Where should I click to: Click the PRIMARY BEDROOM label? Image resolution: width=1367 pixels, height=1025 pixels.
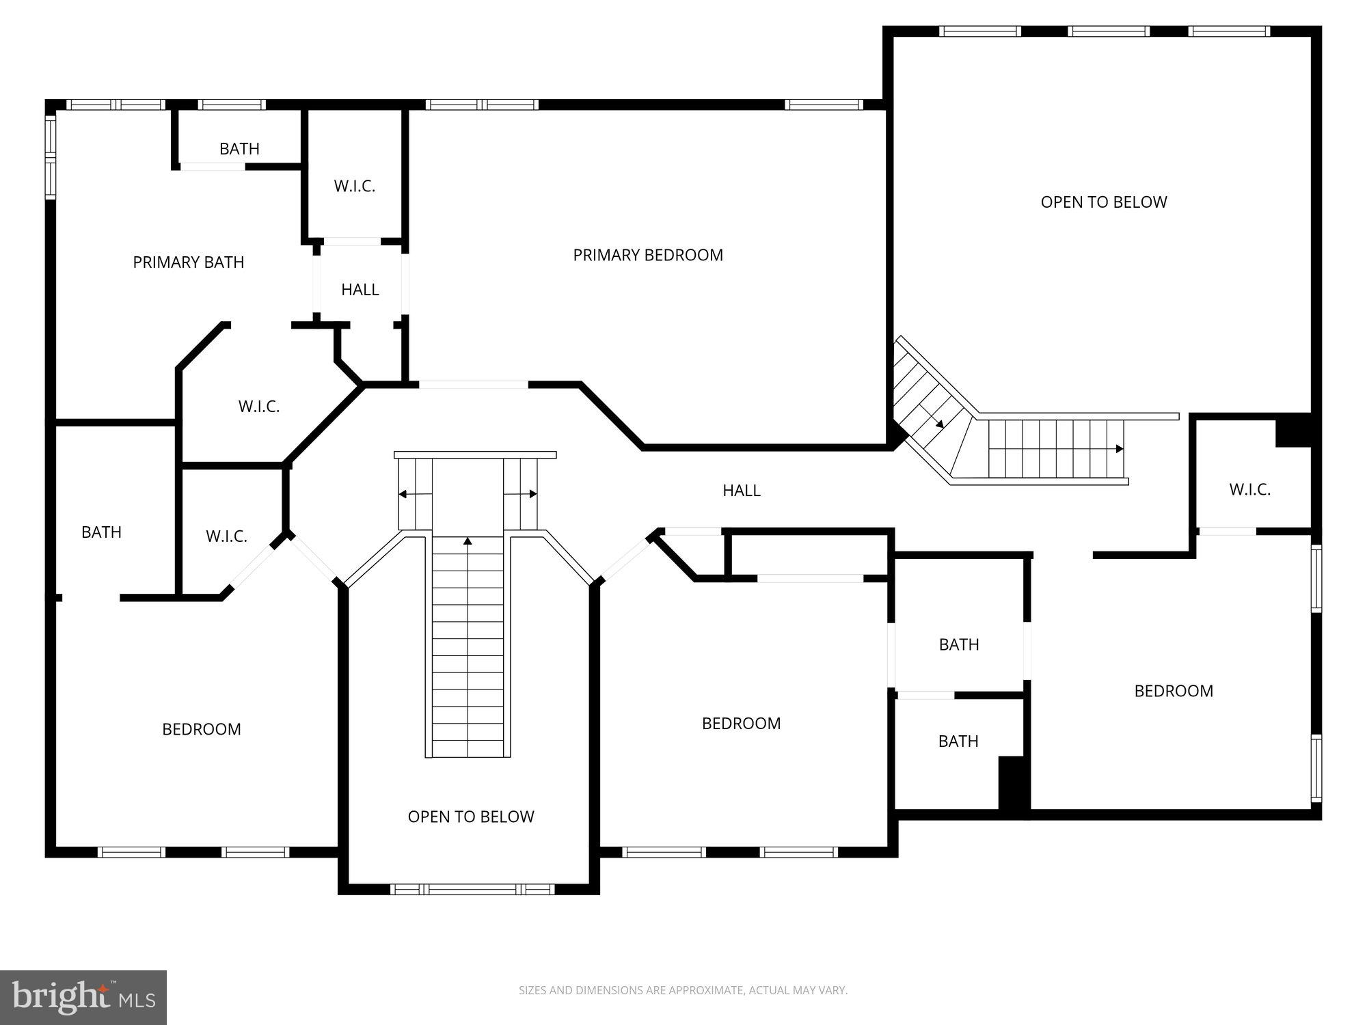[x=647, y=255]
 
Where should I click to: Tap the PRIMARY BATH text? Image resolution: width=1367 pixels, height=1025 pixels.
[x=188, y=262]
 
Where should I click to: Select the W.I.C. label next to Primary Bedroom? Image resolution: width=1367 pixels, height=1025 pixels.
[x=354, y=187]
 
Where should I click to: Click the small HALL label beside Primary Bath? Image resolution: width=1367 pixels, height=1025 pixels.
[x=360, y=290]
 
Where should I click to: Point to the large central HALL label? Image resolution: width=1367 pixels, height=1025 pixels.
[x=741, y=491]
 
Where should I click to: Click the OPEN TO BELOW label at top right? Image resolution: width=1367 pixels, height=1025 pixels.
[x=1103, y=202]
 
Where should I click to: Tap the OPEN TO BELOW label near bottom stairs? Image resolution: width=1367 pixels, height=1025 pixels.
[x=470, y=817]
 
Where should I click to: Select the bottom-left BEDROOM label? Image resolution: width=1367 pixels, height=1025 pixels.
[x=201, y=729]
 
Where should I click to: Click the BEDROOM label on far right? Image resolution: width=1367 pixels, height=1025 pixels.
[x=1173, y=691]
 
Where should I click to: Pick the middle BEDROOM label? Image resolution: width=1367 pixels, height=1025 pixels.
[x=740, y=724]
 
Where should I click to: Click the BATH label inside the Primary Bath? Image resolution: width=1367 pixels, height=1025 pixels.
[x=239, y=149]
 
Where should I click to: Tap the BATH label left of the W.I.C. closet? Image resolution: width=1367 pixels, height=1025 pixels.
[x=101, y=532]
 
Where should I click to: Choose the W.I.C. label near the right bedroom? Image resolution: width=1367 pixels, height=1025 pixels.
[x=1249, y=490]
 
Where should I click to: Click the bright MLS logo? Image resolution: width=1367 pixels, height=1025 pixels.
[x=83, y=998]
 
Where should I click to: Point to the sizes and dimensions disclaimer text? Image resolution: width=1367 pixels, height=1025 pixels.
[x=682, y=990]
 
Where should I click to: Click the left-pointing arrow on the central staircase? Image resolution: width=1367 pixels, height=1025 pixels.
[x=403, y=494]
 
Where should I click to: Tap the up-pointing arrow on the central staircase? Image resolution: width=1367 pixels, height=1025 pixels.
[x=468, y=541]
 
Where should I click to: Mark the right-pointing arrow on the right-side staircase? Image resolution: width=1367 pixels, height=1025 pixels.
[x=1119, y=449]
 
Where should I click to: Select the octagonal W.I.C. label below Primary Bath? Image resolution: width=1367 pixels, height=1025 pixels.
[x=258, y=407]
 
